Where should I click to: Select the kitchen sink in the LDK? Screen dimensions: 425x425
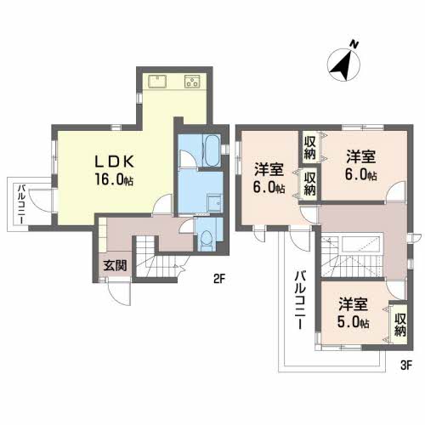pos(158,82)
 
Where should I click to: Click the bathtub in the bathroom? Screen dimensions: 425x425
pos(207,151)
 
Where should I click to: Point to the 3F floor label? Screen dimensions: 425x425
pos(405,366)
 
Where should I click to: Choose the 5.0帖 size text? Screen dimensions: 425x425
pos(353,323)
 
